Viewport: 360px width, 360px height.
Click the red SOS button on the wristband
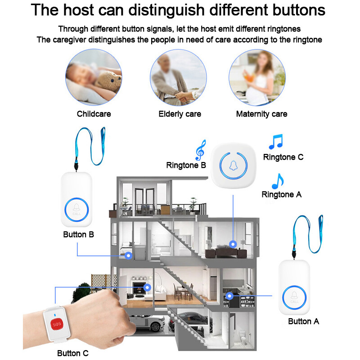[x=57, y=324]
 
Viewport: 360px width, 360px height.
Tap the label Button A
[x=303, y=321]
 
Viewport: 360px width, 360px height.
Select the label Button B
[x=78, y=234]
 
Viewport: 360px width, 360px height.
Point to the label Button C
[x=73, y=353]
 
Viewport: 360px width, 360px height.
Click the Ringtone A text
[x=282, y=194]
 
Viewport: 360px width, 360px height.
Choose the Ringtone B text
[x=186, y=165]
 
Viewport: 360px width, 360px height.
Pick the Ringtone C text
[x=283, y=157]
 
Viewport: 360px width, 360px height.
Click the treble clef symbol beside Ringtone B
[x=200, y=150]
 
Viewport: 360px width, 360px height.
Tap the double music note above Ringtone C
[x=276, y=141]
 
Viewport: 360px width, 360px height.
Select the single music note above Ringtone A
[x=278, y=181]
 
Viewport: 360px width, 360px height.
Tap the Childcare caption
[x=94, y=114]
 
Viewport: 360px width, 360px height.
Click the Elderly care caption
[x=180, y=114]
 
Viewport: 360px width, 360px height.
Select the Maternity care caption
[x=262, y=114]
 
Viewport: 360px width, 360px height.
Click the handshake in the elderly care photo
[x=184, y=96]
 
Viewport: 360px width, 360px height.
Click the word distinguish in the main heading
[x=166, y=10]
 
